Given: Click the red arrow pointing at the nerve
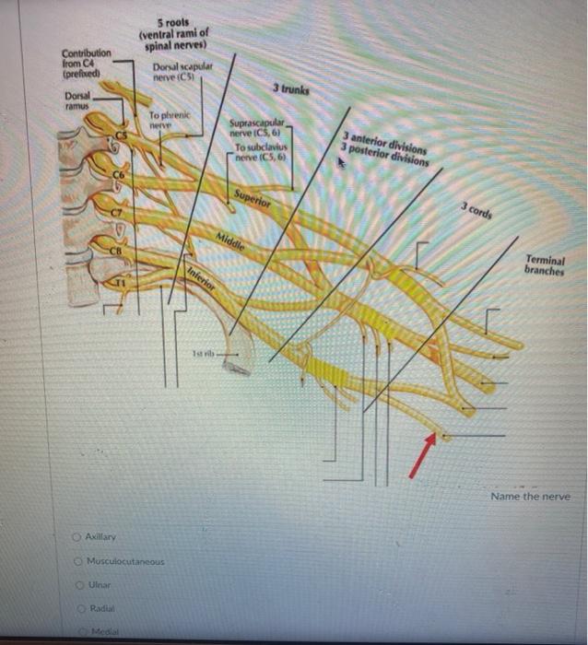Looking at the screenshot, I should [422, 457].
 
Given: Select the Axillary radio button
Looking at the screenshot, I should [79, 536].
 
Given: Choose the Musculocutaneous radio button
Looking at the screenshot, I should [79, 559].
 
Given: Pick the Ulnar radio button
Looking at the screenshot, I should [79, 583].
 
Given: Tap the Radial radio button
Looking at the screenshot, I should [79, 608].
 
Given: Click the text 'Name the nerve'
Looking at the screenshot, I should [530, 496].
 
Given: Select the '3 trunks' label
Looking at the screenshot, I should [291, 89].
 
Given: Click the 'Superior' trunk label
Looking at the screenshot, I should [252, 198].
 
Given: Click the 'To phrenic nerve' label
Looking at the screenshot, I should [169, 119].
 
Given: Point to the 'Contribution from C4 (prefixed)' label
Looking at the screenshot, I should [86, 64].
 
